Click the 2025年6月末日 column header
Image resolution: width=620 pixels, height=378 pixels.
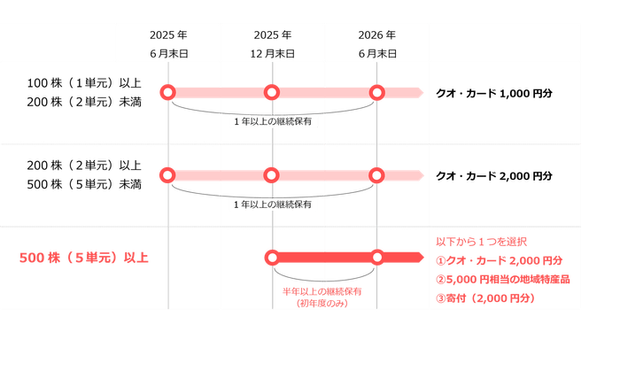168,43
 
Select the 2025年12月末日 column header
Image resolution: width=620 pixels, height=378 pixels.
273,43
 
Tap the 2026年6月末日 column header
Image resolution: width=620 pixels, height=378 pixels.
377,43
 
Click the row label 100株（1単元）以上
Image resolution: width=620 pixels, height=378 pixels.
83,82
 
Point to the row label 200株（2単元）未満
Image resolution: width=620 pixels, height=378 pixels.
83,101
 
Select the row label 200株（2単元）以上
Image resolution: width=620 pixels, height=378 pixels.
83,165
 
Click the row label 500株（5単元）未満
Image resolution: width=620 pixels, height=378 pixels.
83,183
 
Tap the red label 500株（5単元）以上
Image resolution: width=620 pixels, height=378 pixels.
84,258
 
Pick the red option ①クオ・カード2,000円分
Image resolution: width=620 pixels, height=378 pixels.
500,260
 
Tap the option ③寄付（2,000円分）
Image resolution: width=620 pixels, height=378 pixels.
485,299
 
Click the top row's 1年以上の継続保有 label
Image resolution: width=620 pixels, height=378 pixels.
272,120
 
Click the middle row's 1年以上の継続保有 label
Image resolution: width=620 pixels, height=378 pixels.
272,204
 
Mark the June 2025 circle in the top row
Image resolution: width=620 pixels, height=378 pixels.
167,92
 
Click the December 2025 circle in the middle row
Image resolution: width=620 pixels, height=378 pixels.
272,175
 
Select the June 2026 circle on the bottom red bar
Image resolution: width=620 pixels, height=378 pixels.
376,258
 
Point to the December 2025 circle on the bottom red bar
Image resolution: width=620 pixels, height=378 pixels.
272,258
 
